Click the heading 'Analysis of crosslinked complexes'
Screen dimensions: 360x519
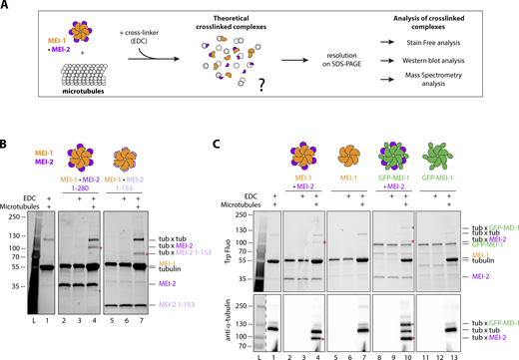(449, 23)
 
